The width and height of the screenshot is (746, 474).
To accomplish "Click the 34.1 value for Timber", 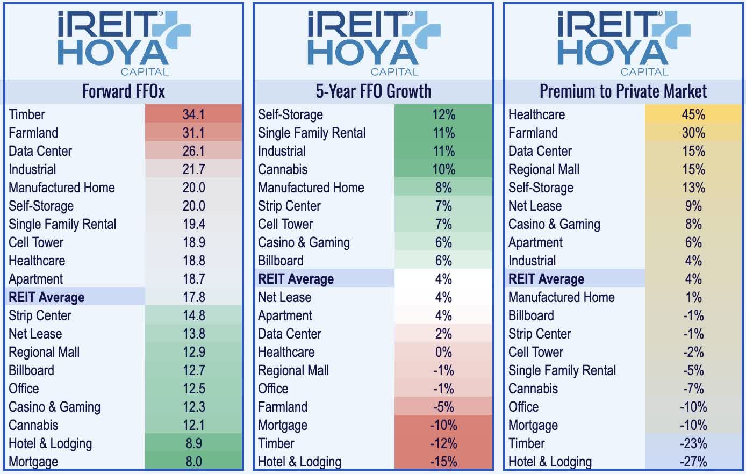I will click(193, 114).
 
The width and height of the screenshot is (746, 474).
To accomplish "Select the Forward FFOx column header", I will click(124, 91).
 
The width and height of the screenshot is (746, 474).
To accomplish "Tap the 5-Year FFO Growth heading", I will click(373, 91).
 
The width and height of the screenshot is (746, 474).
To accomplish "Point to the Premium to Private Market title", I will click(623, 91).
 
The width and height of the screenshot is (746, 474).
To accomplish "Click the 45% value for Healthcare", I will click(693, 114).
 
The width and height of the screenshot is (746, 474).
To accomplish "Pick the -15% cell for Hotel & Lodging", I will click(443, 462).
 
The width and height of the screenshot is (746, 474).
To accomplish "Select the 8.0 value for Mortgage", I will click(193, 462).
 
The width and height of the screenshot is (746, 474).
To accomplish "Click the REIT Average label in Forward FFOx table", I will click(47, 297).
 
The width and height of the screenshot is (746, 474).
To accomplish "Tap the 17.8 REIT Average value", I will click(193, 297).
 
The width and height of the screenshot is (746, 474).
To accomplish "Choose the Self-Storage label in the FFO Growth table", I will click(290, 114).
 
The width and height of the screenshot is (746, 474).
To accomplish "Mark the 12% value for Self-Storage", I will click(443, 114).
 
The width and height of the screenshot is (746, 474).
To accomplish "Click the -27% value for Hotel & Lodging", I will click(693, 462).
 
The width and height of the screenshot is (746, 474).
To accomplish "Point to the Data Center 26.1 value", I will click(193, 151).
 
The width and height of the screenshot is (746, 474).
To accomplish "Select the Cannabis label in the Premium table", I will click(533, 389).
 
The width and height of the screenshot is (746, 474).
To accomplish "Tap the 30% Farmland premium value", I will click(693, 133).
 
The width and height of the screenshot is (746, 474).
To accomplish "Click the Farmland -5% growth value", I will click(443, 407).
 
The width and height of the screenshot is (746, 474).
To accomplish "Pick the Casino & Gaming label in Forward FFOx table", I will click(54, 407).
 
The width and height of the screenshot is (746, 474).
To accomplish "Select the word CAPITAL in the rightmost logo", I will click(644, 72).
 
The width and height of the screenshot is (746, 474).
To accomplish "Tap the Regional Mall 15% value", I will click(693, 169).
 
